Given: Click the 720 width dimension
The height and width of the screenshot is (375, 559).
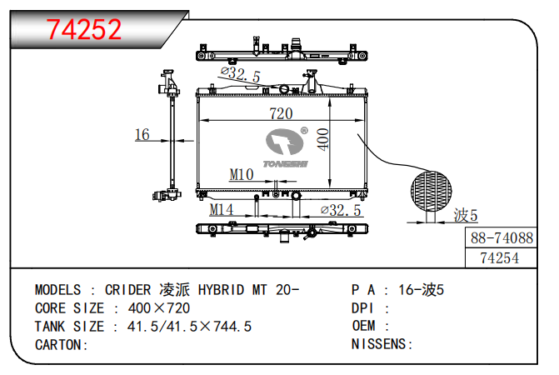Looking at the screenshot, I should click(280, 113).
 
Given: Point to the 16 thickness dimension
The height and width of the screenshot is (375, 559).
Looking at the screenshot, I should click(142, 135).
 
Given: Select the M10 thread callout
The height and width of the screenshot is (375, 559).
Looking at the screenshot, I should click(241, 174).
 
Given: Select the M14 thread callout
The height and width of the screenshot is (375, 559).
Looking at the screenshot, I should click(221, 209).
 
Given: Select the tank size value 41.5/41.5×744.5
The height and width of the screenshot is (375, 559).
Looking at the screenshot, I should click(189, 326).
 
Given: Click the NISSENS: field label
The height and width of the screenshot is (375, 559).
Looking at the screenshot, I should click(382, 343).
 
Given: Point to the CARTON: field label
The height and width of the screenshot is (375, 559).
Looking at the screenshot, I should click(61, 343).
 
